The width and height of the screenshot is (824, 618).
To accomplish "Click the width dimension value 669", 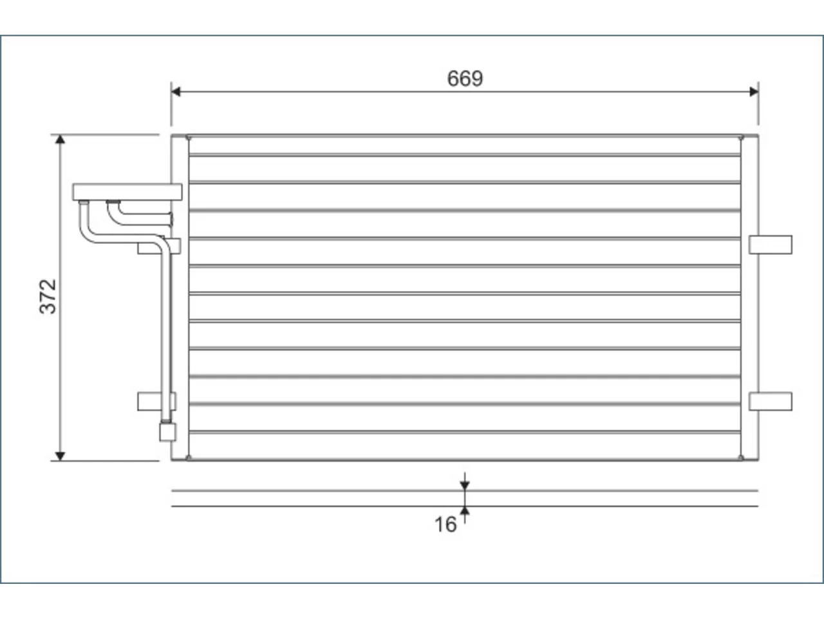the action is point(465,79).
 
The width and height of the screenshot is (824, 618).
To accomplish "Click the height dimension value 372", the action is point(48,296).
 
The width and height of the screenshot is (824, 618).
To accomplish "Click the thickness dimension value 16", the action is point(445,525).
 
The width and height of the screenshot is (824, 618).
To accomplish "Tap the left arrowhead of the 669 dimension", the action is point(176,91).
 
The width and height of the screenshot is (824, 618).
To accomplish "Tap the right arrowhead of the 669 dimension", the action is point(754,91).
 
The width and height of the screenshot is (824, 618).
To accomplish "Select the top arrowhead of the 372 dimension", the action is point(60,140).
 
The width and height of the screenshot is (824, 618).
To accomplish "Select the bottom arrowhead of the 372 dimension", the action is point(60,456).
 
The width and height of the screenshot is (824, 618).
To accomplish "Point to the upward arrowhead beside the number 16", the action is point(465,510).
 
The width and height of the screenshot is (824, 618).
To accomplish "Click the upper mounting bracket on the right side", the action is point(771,245).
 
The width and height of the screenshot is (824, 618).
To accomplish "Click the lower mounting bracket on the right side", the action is point(771,402).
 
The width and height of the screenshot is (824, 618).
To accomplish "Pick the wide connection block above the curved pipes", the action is point(127,192).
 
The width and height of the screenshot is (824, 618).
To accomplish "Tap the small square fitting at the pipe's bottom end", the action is point(168,432).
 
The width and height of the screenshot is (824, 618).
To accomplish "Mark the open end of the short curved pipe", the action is point(171,220).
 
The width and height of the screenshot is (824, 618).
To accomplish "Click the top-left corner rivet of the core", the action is point(189,138).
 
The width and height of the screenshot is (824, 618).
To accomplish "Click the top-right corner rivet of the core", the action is point(741,138).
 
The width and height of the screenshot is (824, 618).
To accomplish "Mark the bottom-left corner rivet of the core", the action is point(189,458).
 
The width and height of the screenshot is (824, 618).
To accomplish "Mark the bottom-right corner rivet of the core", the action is point(741,458).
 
